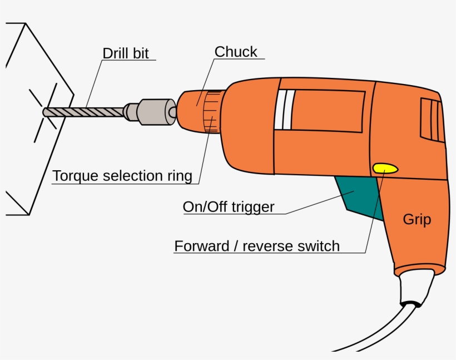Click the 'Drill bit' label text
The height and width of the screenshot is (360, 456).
[125, 53]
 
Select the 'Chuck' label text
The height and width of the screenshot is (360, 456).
[236, 52]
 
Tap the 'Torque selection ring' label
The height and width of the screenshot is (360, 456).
[122, 176]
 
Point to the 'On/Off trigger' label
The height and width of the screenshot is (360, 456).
[229, 207]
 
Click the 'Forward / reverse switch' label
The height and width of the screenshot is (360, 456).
[257, 246]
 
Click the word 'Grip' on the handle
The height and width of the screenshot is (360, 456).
[417, 219]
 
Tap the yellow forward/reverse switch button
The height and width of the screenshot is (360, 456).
[385, 168]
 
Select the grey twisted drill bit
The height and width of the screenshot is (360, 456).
[89, 111]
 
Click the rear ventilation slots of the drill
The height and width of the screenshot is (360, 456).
[432, 120]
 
